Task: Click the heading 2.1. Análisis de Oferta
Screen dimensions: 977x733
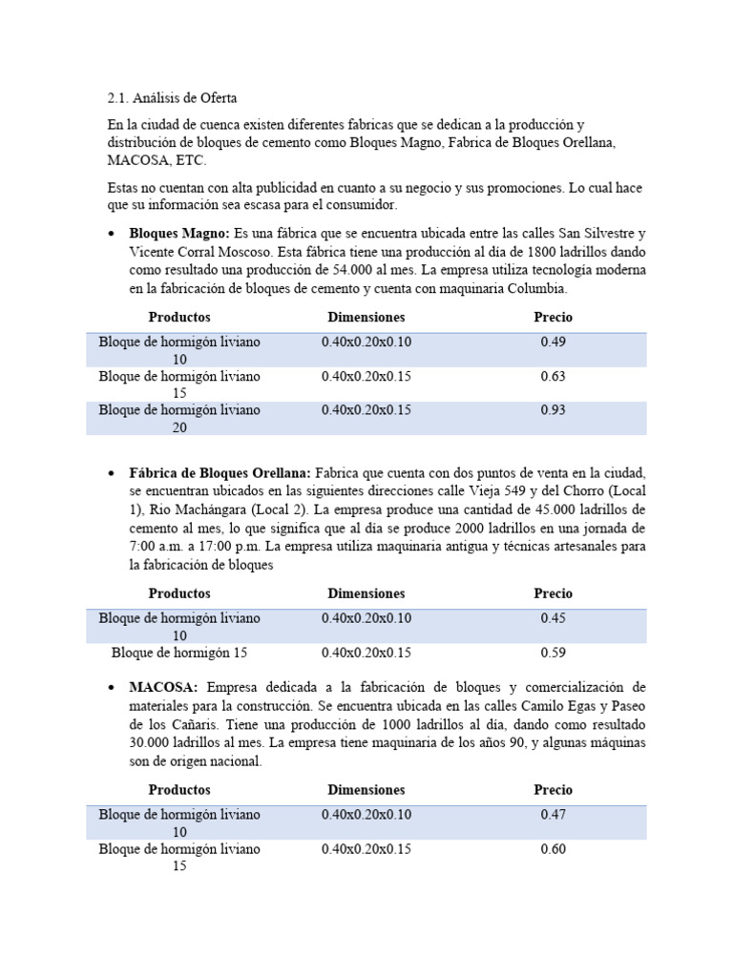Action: tap(172, 97)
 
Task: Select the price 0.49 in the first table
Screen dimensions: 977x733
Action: tap(553, 342)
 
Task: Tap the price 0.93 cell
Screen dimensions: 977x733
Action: tap(553, 410)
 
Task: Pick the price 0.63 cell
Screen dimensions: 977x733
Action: tap(553, 376)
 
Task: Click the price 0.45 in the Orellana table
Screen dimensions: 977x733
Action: tap(553, 618)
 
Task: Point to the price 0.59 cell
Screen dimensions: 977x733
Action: tap(553, 653)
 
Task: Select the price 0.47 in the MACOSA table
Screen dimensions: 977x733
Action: tap(553, 815)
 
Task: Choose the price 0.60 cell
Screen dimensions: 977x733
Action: tap(553, 849)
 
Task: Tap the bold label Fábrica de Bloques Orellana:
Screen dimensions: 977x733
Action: tap(220, 473)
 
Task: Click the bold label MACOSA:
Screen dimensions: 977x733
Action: tap(164, 687)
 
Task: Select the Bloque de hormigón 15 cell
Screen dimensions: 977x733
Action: tap(179, 653)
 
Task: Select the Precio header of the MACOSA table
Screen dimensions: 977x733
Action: tap(553, 790)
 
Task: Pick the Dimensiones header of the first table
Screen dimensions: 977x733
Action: tap(366, 317)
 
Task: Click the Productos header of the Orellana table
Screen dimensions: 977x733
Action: tap(179, 593)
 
